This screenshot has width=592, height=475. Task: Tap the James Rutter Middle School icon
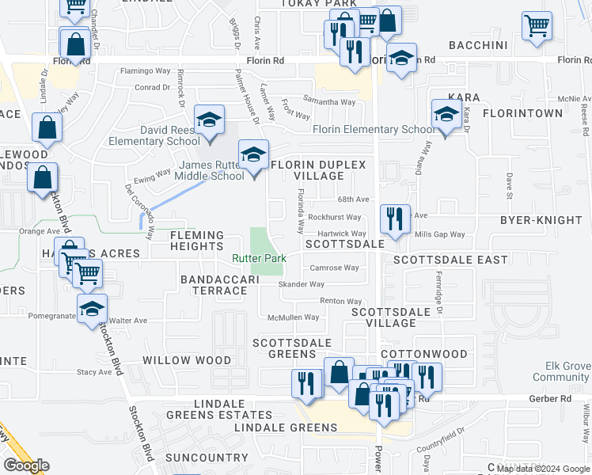point(253,155)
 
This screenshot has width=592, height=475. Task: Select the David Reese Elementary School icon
point(209,121)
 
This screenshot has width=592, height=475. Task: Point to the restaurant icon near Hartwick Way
point(394,218)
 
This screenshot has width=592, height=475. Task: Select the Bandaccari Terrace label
point(214,285)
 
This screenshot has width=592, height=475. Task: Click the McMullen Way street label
point(293,317)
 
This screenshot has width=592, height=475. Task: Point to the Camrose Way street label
point(334,268)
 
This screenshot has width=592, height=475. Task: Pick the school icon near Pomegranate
point(93,310)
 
